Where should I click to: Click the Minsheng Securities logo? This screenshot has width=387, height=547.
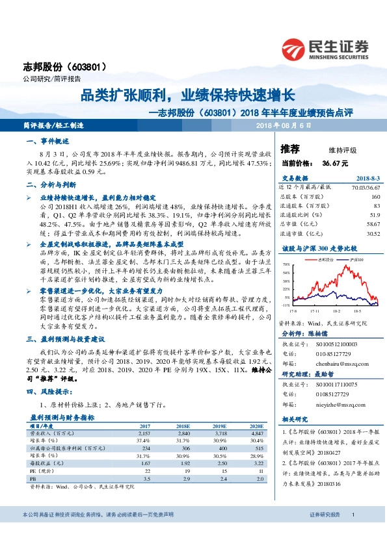(325, 48)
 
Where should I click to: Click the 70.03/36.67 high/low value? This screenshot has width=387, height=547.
(365, 186)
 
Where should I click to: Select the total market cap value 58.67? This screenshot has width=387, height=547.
(371, 223)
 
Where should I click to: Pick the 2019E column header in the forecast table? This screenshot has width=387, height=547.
(222, 426)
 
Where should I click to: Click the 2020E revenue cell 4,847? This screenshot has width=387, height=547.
(256, 432)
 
